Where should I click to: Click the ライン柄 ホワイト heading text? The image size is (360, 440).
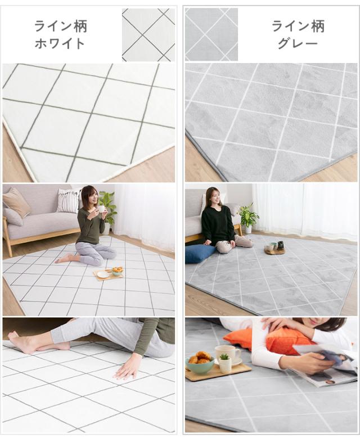tap(60, 34)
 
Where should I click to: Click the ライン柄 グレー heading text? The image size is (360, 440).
tap(298, 34)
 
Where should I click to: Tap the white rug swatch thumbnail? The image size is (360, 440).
tap(148, 34)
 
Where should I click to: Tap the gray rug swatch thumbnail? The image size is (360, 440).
tap(211, 34)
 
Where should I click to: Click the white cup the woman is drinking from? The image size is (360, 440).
tap(101, 209)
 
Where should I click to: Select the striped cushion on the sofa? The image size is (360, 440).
tap(69, 200)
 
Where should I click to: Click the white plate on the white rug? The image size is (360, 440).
tap(103, 274)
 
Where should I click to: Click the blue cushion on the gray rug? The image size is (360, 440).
tap(200, 253)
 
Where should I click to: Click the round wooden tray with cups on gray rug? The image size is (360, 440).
tap(275, 249)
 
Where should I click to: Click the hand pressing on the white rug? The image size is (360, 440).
tap(129, 367)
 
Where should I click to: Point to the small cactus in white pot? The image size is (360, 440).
tap(225, 363)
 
